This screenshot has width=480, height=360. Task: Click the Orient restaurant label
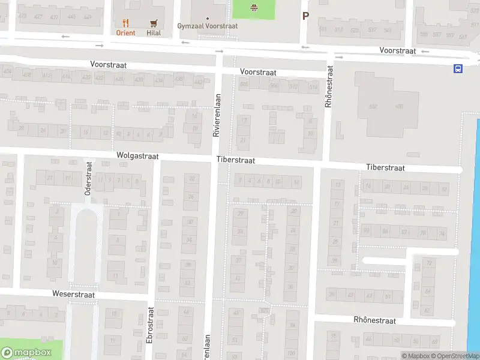click(125, 33)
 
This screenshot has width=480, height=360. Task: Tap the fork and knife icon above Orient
click(125, 23)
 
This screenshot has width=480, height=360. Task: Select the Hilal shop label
click(154, 33)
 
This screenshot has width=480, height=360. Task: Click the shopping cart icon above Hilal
click(154, 23)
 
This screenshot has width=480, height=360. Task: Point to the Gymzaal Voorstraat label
click(208, 26)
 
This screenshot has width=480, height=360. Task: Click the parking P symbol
click(305, 16)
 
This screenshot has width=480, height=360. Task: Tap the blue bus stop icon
click(458, 68)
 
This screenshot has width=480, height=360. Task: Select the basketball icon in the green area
click(253, 7)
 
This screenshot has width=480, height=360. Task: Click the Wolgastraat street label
click(137, 155)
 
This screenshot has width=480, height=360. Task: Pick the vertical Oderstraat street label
click(88, 178)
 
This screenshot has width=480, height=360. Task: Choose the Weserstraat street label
click(73, 295)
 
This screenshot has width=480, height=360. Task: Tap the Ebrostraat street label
click(150, 326)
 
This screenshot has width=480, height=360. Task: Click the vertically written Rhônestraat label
click(328, 88)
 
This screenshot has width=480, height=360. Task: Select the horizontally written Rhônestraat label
click(374, 320)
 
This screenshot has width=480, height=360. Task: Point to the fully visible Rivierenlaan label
click(217, 115)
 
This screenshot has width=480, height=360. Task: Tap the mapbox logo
click(26, 353)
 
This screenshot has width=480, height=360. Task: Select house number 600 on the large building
click(399, 106)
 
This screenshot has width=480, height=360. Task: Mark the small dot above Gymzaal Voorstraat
click(208, 18)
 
